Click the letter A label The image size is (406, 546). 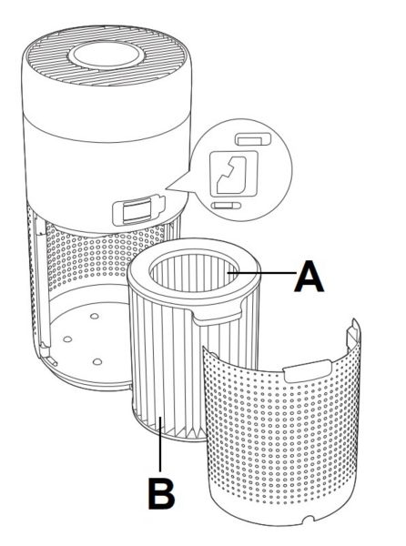click(x=309, y=277)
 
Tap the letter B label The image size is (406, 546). click(x=161, y=493)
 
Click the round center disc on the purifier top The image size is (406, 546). click(x=107, y=55)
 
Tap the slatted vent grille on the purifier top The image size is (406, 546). click(x=107, y=56)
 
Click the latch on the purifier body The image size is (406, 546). click(x=138, y=210)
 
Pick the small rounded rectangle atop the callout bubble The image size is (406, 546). click(x=253, y=139)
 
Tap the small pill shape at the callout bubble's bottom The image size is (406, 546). click(x=226, y=206)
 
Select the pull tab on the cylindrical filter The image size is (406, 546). click(x=217, y=316)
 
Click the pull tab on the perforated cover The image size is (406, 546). click(x=308, y=370)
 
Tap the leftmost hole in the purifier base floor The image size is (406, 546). click(x=67, y=339)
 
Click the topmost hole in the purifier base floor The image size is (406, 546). click(x=94, y=316)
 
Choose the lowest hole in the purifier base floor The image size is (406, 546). click(x=97, y=361)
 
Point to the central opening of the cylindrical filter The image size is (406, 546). click(x=194, y=272)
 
